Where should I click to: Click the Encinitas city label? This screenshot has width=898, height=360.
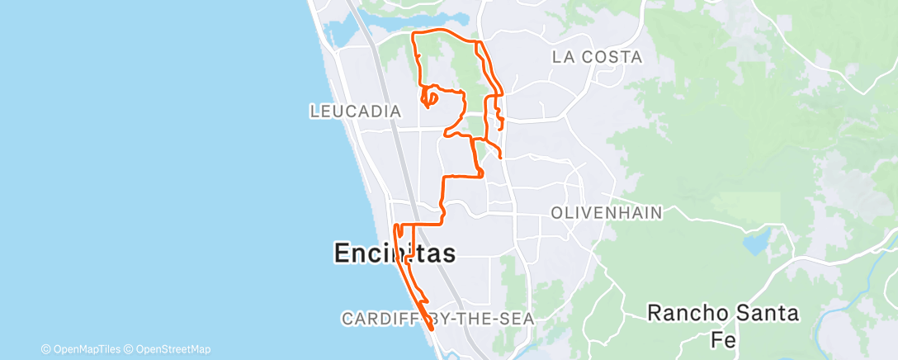point(395,253)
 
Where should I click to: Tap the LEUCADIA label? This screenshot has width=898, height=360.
point(355,111)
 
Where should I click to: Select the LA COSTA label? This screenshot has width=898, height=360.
point(597,57)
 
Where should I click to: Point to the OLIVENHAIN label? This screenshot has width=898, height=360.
point(607,213)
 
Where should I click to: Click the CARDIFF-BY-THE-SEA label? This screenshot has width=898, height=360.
point(438,318)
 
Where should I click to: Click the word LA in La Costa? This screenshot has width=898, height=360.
point(563,57)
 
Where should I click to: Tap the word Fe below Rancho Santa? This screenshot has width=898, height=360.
point(722,339)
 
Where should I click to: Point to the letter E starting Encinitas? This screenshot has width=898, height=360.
point(343,253)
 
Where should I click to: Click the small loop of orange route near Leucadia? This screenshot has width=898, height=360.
point(428,99)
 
